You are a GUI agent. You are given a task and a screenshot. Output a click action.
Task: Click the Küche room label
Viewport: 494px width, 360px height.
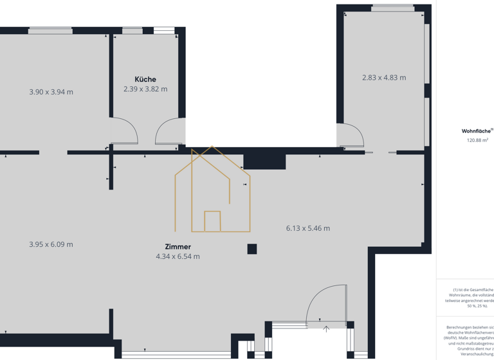coord(145,79)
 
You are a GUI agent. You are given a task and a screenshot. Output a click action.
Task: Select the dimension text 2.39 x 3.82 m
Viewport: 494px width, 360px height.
coord(145,89)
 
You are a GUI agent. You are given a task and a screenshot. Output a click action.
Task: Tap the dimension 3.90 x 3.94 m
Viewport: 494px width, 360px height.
coord(51,92)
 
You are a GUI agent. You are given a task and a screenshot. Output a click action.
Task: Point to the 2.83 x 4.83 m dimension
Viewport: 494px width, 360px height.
coord(384,78)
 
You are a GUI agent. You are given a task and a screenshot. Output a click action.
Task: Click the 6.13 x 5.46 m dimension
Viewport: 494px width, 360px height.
coord(308,228)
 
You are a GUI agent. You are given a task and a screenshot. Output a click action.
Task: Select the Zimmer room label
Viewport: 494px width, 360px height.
coord(178,246)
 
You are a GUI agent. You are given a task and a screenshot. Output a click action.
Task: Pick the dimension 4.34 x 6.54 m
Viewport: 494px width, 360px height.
coord(178,256)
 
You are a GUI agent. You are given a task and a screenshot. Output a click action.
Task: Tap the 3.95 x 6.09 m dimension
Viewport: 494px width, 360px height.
coord(51,244)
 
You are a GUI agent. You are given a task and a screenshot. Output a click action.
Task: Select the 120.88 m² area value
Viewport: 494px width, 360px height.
coord(477,140)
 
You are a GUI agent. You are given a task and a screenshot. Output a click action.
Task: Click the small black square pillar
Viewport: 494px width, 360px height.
coord(252,249)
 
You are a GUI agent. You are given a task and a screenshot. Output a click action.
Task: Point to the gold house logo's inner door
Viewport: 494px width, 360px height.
coord(212,221)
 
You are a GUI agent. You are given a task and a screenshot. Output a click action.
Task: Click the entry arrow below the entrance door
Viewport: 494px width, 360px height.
coord(326,329)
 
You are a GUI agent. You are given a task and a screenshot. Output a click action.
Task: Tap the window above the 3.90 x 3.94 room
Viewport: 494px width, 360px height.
coord(51,30)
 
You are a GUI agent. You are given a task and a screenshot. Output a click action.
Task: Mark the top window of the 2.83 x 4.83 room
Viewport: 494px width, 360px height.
coord(393,8)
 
